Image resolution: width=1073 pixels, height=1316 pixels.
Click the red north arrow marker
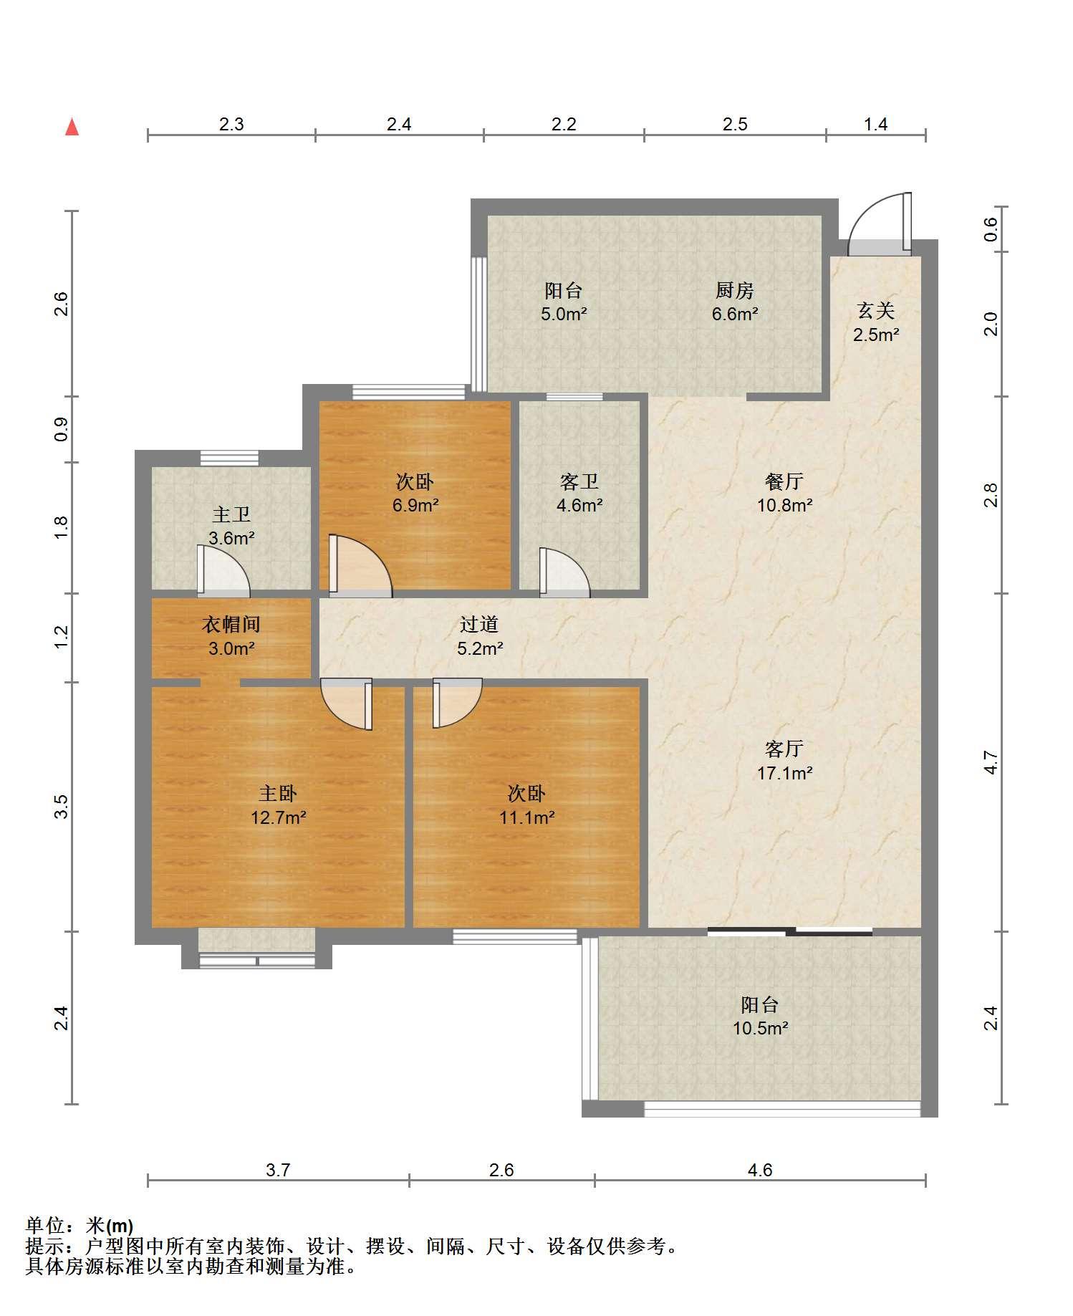pos(72,127)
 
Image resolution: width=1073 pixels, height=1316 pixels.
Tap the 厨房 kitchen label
pos(734,291)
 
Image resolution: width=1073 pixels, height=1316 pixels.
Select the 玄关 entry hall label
pos(875,311)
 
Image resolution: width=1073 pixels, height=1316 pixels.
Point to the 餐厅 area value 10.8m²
pos(784,505)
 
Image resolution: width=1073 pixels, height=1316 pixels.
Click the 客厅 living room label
pos(784,749)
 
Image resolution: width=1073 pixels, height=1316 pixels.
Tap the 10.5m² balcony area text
pos(760,1029)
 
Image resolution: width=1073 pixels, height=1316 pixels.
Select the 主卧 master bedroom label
pos(278,793)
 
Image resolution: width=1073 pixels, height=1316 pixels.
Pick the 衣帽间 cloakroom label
pos(231,625)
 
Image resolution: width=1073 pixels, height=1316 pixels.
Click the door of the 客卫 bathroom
pos(564,572)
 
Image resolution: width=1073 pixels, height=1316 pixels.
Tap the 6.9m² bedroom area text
pos(415,505)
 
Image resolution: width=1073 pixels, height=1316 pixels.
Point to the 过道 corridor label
pos(478,625)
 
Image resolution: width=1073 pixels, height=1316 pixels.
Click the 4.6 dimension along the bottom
pos(760,1170)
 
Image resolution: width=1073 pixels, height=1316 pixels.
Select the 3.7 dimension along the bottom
pos(278,1170)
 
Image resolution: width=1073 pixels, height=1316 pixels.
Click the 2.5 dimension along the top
pos(735,125)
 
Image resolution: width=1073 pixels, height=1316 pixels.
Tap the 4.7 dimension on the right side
pos(991,762)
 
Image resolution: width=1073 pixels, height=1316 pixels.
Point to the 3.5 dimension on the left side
pos(62,807)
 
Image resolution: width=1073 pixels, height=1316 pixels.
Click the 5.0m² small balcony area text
pos(564,314)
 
